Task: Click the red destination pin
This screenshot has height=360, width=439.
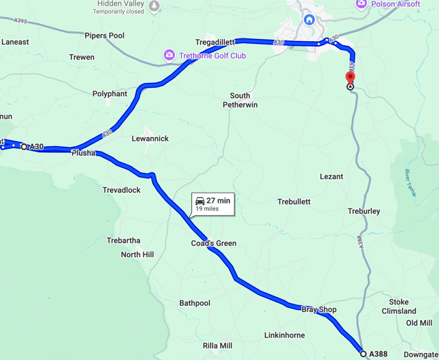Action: [x=351, y=77]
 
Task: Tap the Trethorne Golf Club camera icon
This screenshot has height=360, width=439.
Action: [x=169, y=55]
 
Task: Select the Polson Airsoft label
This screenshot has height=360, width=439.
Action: [x=395, y=4]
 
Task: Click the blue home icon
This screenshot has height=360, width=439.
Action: [x=309, y=20]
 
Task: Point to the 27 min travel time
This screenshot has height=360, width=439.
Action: [x=219, y=200]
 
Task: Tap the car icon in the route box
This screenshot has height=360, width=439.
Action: [x=200, y=200]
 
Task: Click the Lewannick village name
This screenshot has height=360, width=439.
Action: [x=150, y=139]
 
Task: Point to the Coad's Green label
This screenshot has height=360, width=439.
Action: [x=213, y=243]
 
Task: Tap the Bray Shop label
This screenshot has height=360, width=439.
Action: [x=319, y=310]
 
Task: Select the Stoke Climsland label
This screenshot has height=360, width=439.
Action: [x=399, y=307]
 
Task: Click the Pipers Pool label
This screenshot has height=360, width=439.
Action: [x=104, y=36]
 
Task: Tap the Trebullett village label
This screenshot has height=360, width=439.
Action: [x=294, y=202]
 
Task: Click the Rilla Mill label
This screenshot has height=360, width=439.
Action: [x=217, y=346]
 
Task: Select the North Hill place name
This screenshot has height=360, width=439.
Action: [x=137, y=254]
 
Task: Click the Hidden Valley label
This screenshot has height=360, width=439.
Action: [x=119, y=3]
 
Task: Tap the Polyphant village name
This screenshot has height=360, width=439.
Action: [x=110, y=94]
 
